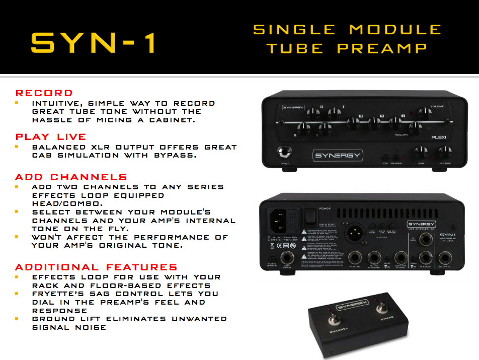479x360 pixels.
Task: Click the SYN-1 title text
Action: point(93,43)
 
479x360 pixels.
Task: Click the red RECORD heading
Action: point(44,93)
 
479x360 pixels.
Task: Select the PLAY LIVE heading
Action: point(51,136)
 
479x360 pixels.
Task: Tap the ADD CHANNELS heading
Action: point(71,177)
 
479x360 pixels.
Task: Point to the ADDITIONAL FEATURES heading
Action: point(96,267)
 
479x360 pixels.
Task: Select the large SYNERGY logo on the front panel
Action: point(338,155)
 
